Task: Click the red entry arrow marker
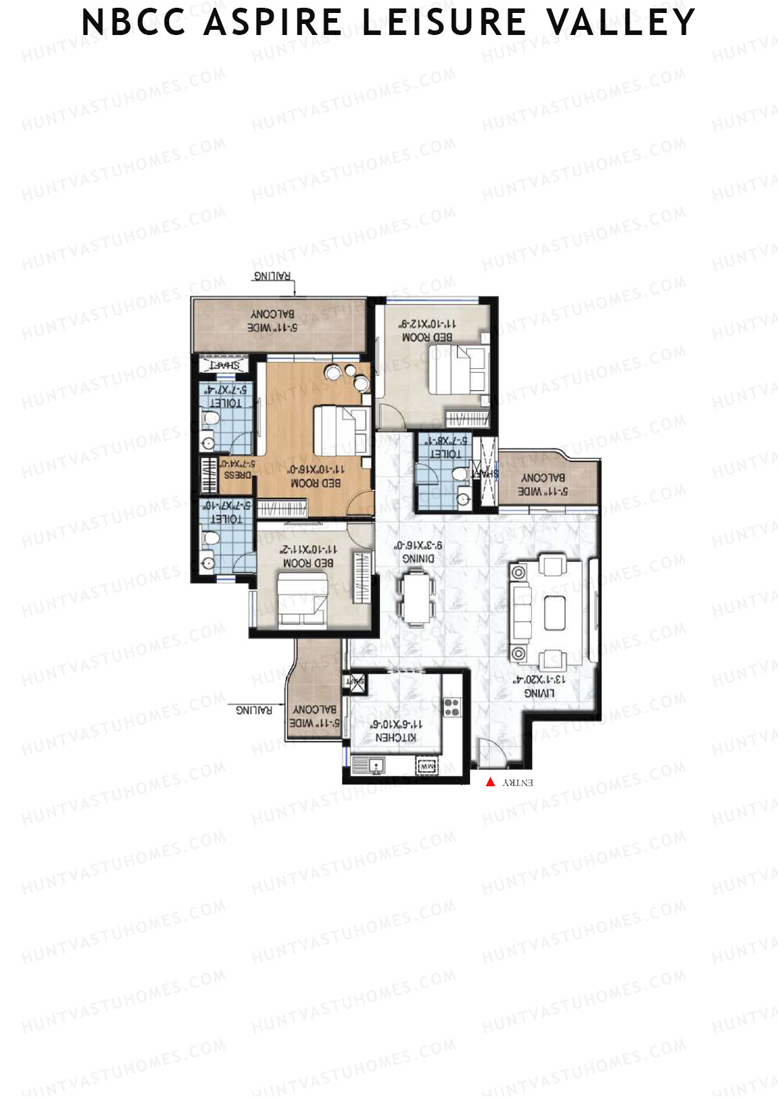coord(490,782)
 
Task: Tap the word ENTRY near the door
coord(518,783)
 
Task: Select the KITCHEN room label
coord(396,738)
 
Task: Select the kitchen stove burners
coord(451,707)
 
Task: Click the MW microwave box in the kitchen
coord(426,767)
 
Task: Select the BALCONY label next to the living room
coord(543,478)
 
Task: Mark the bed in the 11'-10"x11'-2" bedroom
coord(302,601)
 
